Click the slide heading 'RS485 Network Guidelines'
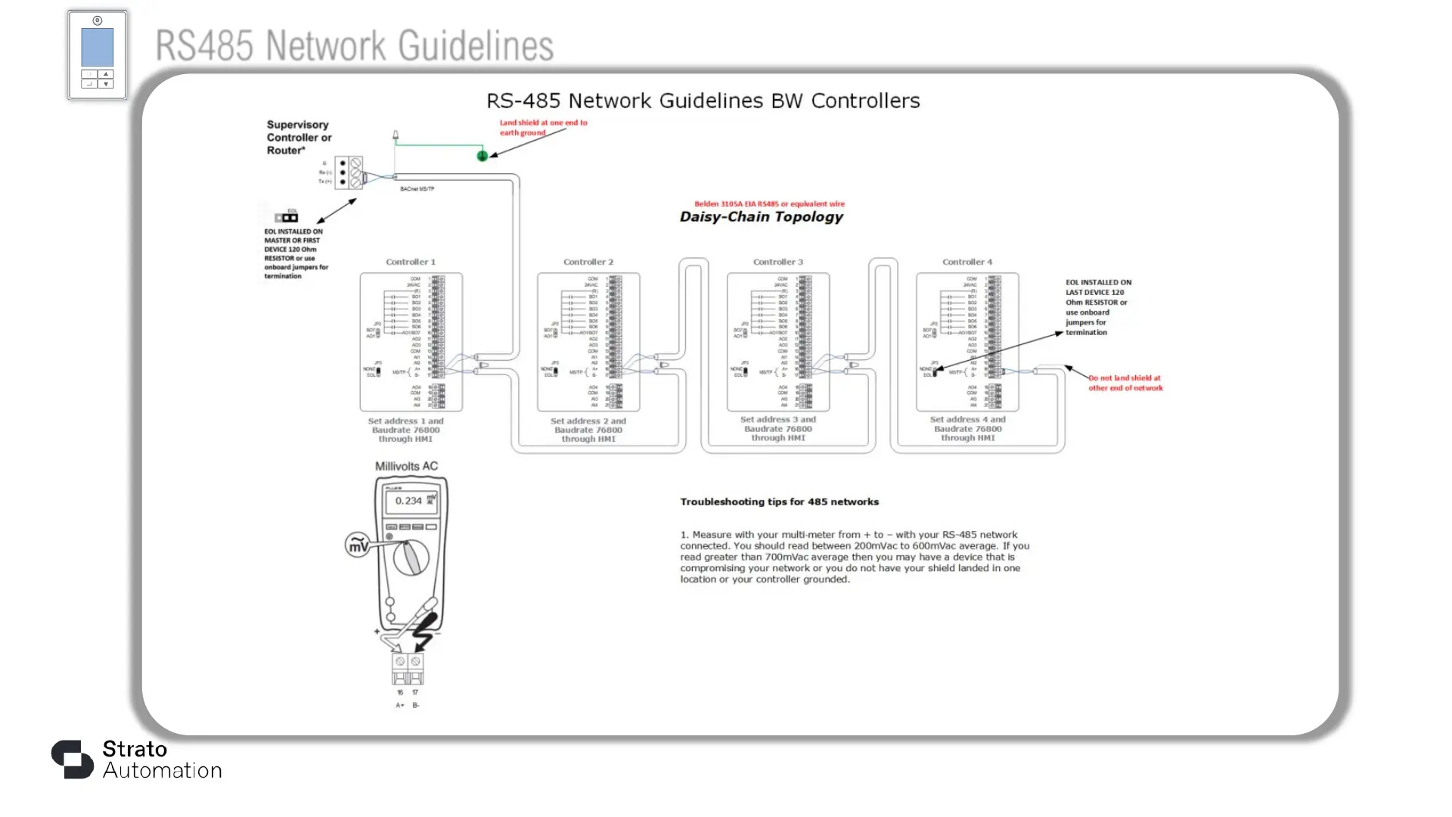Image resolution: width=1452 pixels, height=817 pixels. pyautogui.click(x=354, y=45)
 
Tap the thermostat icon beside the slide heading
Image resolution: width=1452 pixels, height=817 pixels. pyautogui.click(x=98, y=54)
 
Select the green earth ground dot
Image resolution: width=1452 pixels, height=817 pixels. pyautogui.click(x=482, y=156)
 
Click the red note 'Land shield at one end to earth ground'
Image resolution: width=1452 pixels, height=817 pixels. pyautogui.click(x=542, y=127)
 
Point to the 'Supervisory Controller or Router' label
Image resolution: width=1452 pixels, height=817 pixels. pyautogui.click(x=299, y=138)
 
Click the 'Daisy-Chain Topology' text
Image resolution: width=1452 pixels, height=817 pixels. pyautogui.click(x=761, y=217)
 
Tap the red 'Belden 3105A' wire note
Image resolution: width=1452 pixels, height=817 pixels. pyautogui.click(x=769, y=203)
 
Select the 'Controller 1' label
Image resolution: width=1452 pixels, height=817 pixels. pyautogui.click(x=411, y=262)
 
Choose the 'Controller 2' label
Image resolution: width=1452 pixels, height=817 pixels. pyautogui.click(x=588, y=262)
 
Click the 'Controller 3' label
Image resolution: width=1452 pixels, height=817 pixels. pyautogui.click(x=777, y=262)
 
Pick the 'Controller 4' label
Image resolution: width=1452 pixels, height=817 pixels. pyautogui.click(x=966, y=262)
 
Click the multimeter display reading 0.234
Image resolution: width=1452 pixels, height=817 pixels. pyautogui.click(x=409, y=501)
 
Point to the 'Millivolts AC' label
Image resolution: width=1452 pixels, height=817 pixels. pyautogui.click(x=406, y=466)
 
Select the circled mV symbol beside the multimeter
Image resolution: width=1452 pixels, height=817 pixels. pyautogui.click(x=358, y=545)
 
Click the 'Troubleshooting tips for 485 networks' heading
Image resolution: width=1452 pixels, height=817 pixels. pyautogui.click(x=779, y=502)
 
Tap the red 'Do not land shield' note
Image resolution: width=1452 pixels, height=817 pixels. pyautogui.click(x=1125, y=383)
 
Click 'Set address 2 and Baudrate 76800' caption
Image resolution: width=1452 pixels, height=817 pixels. pyautogui.click(x=588, y=430)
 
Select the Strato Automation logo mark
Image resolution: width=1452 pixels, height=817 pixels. pyautogui.click(x=72, y=759)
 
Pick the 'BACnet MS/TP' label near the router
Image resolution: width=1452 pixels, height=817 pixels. pyautogui.click(x=417, y=188)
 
